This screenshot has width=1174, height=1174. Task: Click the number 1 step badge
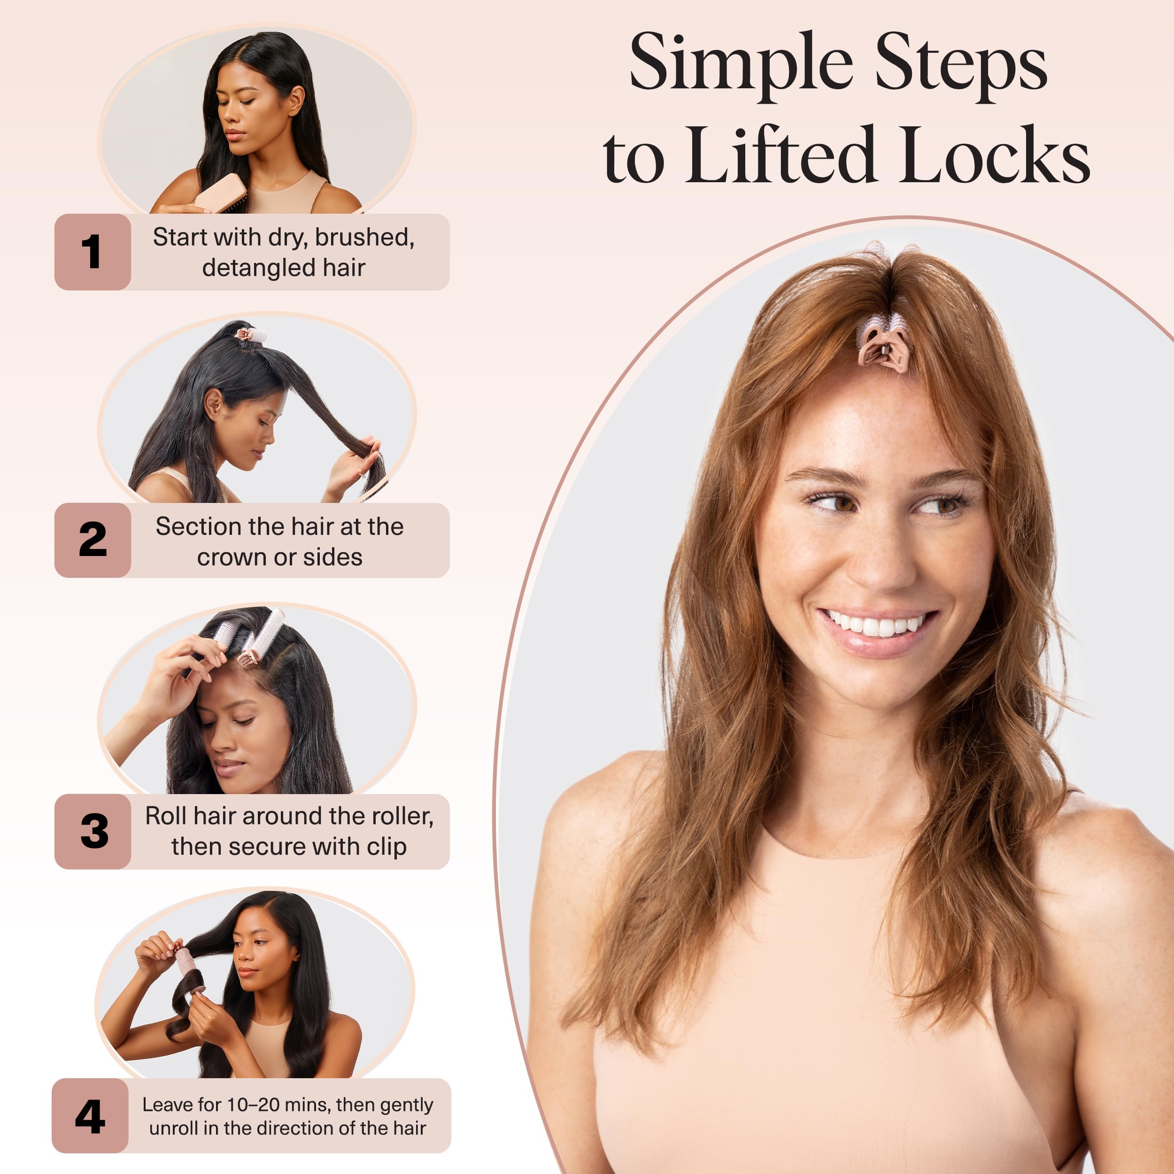93,252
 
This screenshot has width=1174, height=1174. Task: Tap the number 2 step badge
93,540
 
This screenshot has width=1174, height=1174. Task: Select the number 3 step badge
93,831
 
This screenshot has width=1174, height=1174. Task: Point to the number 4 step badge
90,1116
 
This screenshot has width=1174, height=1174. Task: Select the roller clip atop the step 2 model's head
250,334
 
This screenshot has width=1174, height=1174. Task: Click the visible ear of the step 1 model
295,101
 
